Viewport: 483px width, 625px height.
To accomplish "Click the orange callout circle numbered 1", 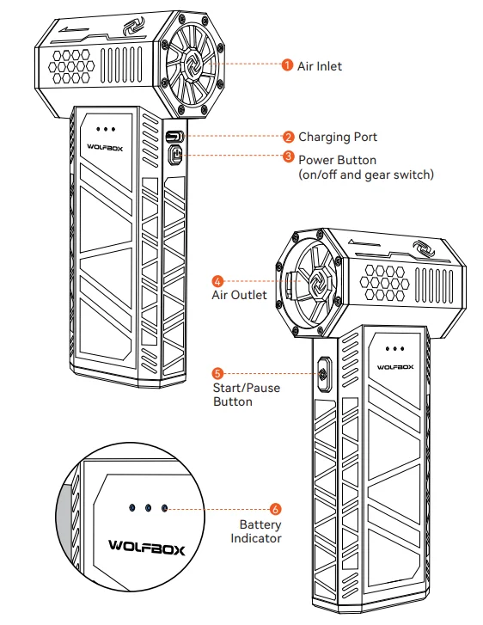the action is (x=287, y=64).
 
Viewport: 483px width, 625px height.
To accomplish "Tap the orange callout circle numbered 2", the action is (x=288, y=137).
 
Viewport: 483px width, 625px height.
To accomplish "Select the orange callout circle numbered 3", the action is (x=288, y=156).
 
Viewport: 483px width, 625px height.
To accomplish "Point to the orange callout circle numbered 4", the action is (x=217, y=281).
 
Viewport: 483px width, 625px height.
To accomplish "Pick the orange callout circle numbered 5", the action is (x=217, y=373).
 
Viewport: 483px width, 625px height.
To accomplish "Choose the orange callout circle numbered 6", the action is (x=275, y=509).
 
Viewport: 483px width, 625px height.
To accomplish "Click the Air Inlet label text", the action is (x=320, y=66).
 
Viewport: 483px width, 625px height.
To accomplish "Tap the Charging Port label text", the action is (x=338, y=137).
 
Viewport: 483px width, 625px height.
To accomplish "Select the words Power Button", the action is (x=337, y=160).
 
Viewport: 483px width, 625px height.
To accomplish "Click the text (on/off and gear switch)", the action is (x=366, y=175).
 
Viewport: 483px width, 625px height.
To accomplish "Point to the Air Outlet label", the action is (x=239, y=295).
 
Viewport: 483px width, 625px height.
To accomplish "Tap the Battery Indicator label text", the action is (x=256, y=531).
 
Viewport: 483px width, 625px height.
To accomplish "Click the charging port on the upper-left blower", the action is (x=174, y=137).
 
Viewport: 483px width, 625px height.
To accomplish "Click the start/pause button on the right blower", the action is (x=324, y=374).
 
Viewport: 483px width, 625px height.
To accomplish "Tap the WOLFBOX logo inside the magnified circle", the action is (x=147, y=547).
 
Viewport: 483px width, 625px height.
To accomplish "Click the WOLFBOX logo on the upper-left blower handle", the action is (x=105, y=147).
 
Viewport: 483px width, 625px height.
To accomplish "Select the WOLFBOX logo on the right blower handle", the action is (x=395, y=367).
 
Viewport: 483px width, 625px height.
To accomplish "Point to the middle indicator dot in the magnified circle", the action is (x=148, y=508).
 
